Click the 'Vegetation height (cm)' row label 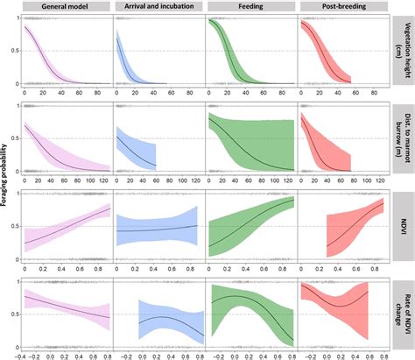click(x=401, y=50)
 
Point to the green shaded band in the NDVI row click(x=254, y=223)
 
